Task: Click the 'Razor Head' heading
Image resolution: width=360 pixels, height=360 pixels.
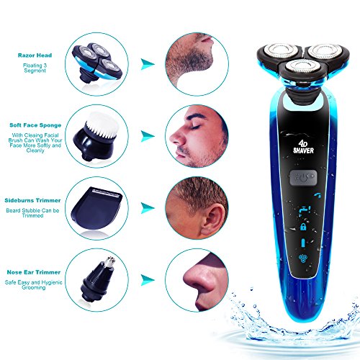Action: (x=35, y=55)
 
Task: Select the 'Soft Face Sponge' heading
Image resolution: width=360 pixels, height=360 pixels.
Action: (x=35, y=125)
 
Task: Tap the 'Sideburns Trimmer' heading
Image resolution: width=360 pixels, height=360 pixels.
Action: (x=32, y=200)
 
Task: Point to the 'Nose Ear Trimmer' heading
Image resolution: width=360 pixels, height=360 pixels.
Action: (x=34, y=272)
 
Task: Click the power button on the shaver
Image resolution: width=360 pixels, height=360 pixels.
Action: (x=303, y=178)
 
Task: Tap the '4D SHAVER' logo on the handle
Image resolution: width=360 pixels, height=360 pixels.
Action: (x=303, y=148)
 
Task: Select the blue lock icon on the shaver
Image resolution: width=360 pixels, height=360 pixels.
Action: (x=303, y=227)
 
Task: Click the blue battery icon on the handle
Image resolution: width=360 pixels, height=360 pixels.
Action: (x=303, y=243)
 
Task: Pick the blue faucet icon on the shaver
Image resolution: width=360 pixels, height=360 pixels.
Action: (x=305, y=210)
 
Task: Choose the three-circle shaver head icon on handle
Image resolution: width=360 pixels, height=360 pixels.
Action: (x=303, y=258)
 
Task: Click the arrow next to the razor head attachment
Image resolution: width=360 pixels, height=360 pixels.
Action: (x=147, y=64)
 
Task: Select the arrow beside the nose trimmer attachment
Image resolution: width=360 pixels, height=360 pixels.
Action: (x=147, y=279)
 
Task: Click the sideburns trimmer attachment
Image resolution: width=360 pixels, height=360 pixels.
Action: (x=96, y=207)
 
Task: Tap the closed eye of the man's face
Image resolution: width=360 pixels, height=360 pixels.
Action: (x=195, y=127)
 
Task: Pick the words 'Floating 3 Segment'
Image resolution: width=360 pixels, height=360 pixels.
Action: (x=35, y=68)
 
